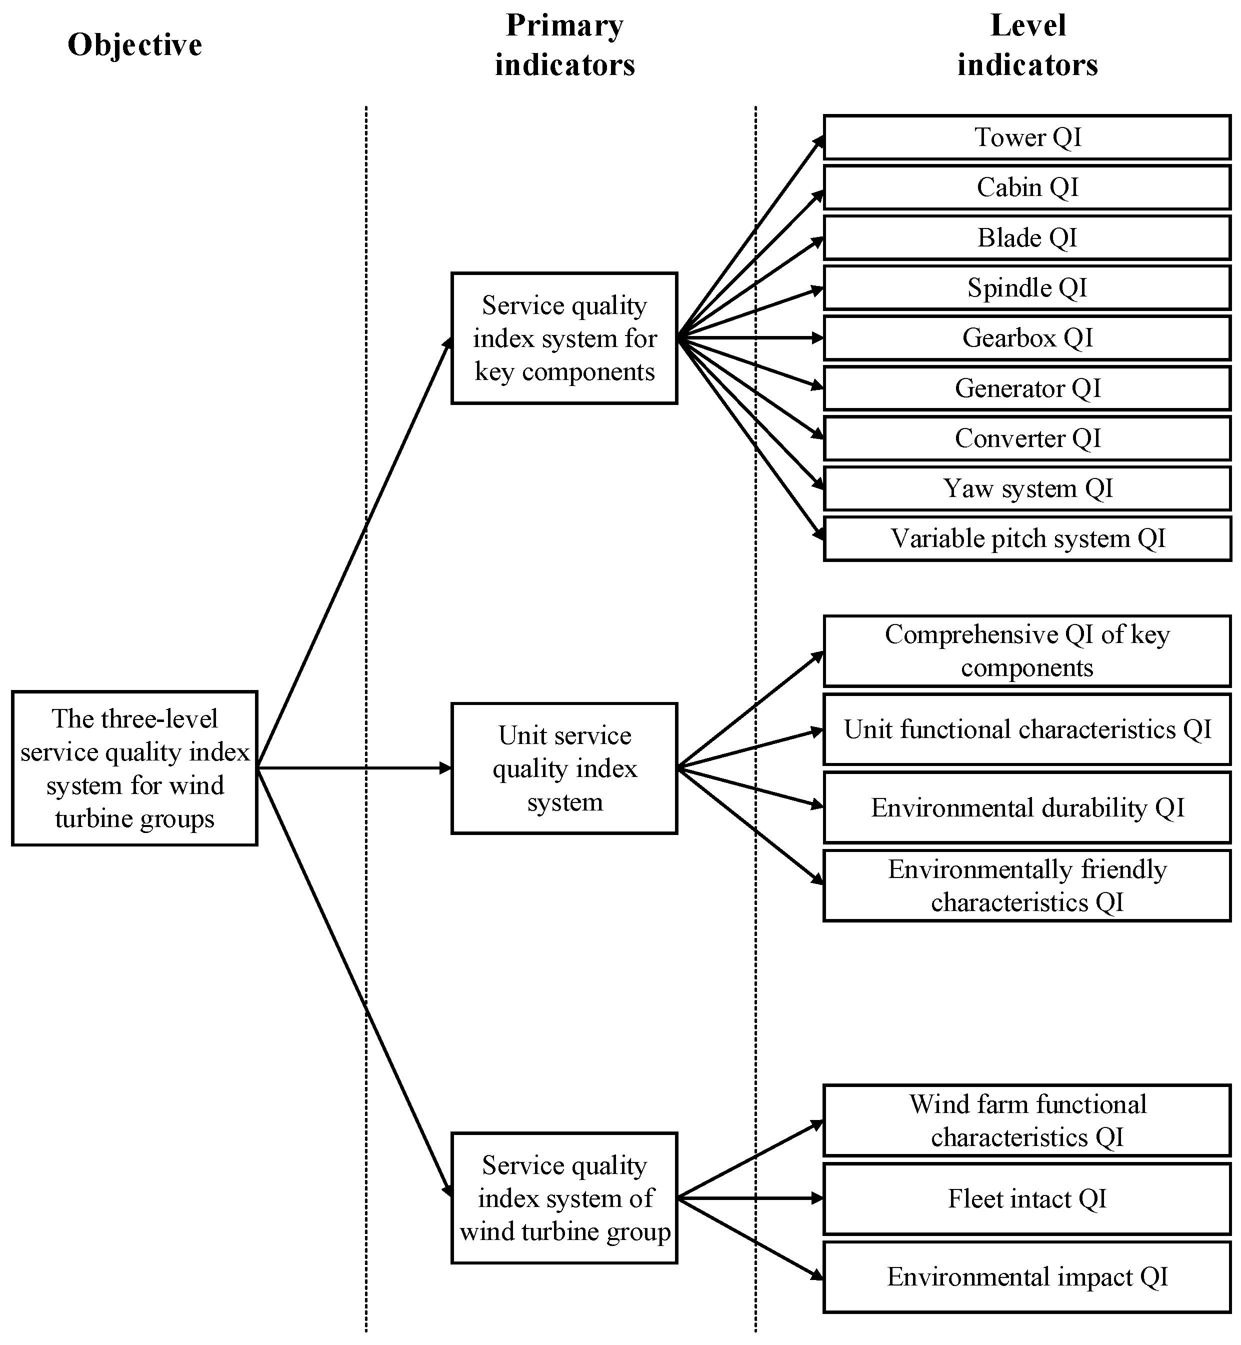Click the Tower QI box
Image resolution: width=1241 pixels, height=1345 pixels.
point(1027,137)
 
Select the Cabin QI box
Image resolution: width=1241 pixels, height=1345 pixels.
point(1027,187)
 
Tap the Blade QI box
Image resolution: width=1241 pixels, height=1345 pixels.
point(1027,237)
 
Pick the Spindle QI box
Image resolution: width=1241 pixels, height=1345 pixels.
point(1027,288)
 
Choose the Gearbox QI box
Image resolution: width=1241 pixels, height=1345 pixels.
point(1027,338)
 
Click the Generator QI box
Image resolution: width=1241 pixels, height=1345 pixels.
point(1027,388)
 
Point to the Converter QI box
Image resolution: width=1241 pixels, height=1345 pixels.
point(1027,438)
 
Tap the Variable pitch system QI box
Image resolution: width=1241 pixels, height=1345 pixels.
point(1027,538)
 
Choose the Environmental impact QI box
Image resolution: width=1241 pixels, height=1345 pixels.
point(1027,1276)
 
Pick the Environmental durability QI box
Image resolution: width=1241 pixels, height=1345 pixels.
point(1027,808)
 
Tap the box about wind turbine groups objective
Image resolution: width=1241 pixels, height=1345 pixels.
point(134,768)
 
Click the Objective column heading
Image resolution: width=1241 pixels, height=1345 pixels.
point(134,45)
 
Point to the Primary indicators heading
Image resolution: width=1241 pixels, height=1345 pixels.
point(564,45)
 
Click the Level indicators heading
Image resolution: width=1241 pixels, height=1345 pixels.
point(1027,45)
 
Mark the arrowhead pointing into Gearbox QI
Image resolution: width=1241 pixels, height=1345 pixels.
point(817,338)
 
